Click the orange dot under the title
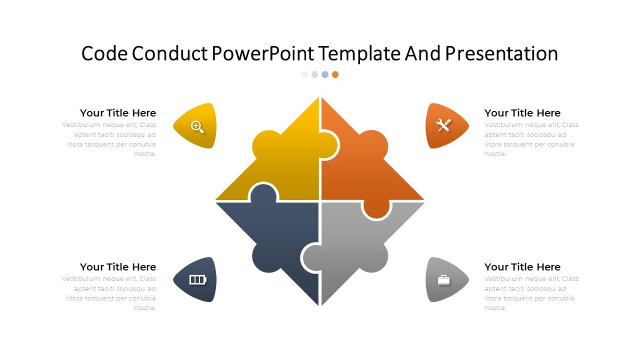(335, 75)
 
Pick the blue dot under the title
(325, 75)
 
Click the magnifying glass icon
(197, 127)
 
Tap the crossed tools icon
(444, 125)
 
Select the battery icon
(197, 280)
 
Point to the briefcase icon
(444, 280)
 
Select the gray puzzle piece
(363, 240)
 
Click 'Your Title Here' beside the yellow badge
(118, 113)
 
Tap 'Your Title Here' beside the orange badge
(522, 113)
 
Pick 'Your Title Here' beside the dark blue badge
(118, 267)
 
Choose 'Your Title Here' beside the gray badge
(522, 267)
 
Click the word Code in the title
(104, 54)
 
